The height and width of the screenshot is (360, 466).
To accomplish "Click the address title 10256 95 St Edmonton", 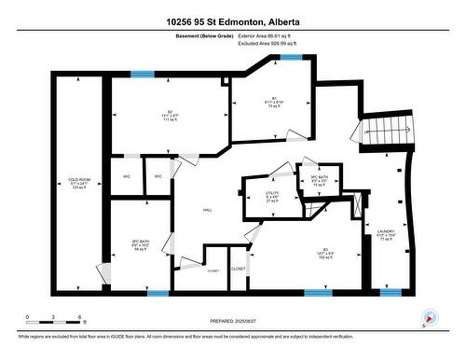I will [x=233, y=21].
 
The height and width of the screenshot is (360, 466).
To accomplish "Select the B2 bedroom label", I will [x=169, y=117].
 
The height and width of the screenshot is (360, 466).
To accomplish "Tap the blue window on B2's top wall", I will [x=143, y=74].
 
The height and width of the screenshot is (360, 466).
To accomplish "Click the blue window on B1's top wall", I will [x=291, y=57].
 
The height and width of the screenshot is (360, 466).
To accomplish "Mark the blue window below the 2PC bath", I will [x=158, y=293].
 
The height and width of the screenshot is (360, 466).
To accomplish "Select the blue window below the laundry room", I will [x=391, y=293].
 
